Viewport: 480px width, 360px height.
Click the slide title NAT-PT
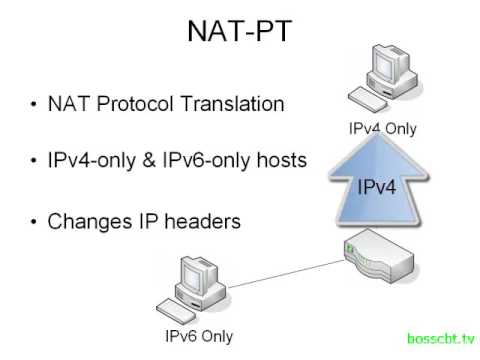click(240, 32)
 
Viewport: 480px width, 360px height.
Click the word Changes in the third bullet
click(86, 221)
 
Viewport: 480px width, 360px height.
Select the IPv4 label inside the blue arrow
click(382, 186)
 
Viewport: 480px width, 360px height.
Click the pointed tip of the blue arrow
click(381, 135)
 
